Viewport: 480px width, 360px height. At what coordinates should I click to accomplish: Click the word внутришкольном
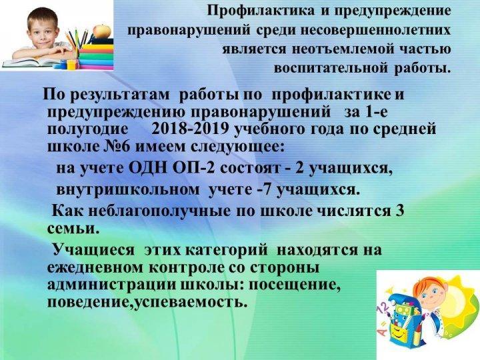[x=127, y=190]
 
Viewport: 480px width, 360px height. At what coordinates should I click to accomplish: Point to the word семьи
[x=73, y=229]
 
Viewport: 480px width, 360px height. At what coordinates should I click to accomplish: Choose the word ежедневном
[x=95, y=268]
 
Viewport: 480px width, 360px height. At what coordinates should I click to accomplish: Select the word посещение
[x=295, y=285]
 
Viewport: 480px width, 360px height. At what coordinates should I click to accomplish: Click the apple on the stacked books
[x=102, y=31]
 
